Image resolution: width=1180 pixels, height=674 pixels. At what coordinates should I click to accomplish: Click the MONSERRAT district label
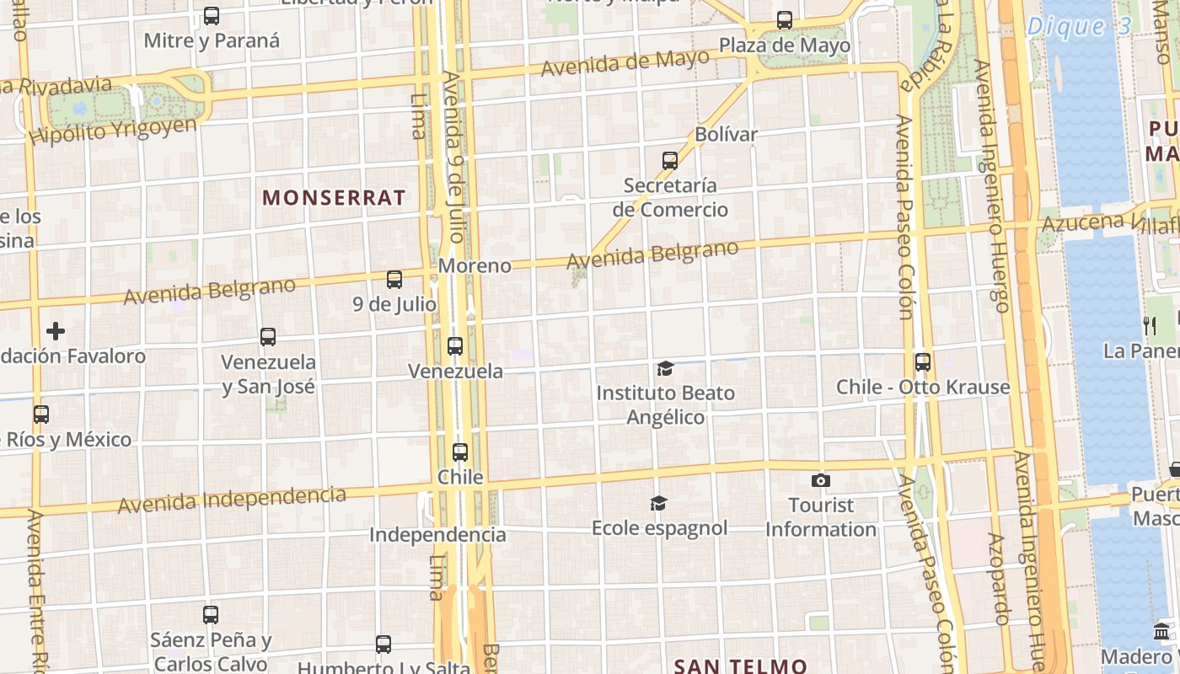point(334,198)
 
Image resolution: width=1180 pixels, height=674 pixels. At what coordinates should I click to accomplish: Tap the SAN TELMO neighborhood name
point(741,666)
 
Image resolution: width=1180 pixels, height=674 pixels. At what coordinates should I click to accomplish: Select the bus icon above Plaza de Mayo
point(785,19)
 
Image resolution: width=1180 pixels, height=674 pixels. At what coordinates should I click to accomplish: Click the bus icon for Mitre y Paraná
point(212,15)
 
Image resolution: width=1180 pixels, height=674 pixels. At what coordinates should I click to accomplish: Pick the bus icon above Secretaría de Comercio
point(670,160)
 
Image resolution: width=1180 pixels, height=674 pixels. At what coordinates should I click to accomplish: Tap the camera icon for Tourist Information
point(820,481)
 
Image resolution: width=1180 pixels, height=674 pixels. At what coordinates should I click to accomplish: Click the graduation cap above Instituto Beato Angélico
point(666,368)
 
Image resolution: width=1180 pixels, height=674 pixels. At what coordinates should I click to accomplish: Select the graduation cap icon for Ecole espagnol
point(658,504)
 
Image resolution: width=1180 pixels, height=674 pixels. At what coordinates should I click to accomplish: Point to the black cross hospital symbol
point(56,331)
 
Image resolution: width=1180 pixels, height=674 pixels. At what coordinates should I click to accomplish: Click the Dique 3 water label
point(1080,26)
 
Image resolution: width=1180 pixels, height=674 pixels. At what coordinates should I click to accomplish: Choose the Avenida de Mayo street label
point(625,62)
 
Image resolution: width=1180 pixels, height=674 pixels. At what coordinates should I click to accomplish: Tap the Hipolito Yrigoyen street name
point(113,131)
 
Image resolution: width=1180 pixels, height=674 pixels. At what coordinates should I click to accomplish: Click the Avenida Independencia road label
point(232,500)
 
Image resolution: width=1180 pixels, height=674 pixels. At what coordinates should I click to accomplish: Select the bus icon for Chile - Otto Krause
point(923,362)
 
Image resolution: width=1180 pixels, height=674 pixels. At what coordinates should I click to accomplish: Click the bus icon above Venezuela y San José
point(268,337)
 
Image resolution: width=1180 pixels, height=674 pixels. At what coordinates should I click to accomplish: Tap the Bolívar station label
point(726,134)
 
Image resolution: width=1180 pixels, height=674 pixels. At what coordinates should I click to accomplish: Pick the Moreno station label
point(475,266)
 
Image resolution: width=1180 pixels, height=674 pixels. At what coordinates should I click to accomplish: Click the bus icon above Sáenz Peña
point(211,615)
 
